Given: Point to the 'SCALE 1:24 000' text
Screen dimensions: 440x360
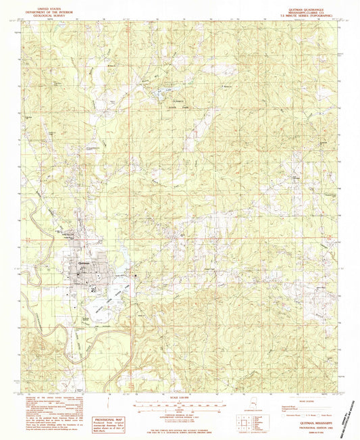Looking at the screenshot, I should coord(178,395).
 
